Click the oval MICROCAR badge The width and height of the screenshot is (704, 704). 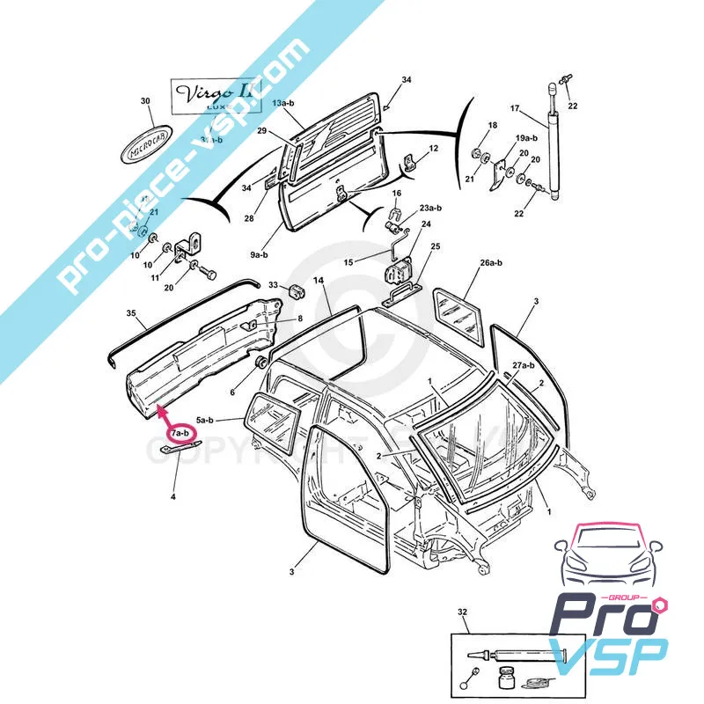pos(146,147)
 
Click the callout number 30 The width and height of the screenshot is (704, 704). pos(146,101)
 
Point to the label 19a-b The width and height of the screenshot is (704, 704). pos(526,138)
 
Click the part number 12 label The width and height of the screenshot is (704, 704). pos(434,149)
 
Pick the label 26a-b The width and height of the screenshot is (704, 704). pos(490,262)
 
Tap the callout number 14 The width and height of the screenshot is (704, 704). pos(318,280)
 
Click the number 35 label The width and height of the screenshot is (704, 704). pos(131,312)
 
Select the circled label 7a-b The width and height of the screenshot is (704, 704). pos(180,433)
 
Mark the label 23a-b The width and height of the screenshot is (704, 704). pos(430,208)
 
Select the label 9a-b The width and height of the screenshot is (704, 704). pos(259,254)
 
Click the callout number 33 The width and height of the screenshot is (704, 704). pos(273,285)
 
